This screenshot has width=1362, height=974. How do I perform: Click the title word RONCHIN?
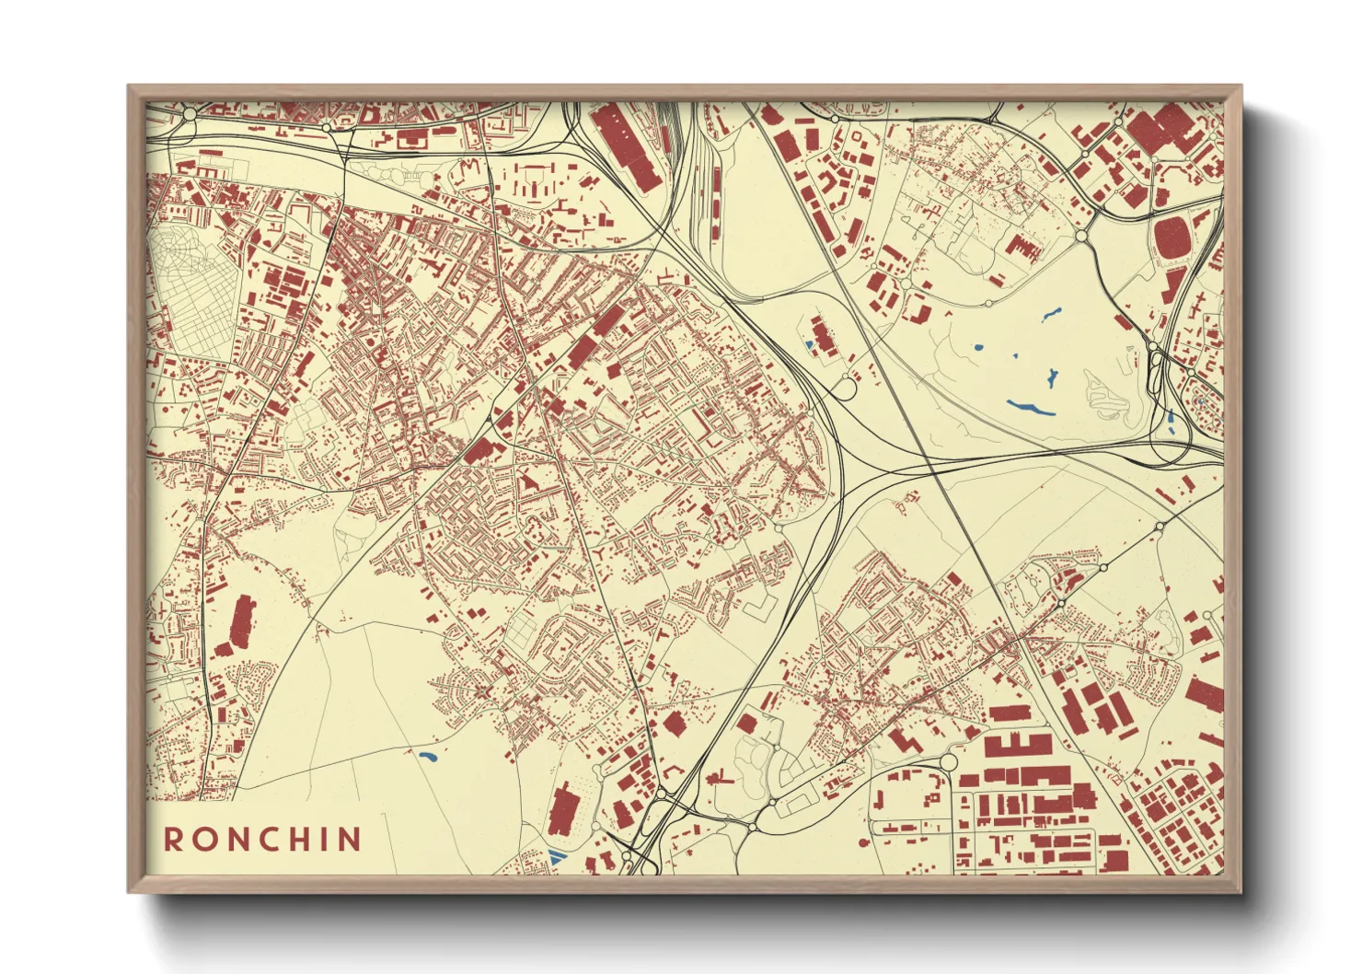[x=262, y=839]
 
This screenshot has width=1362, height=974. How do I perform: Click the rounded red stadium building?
[x=1172, y=238]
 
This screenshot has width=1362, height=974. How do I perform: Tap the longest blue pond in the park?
[x=1029, y=407]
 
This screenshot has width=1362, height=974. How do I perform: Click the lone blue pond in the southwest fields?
[x=427, y=757]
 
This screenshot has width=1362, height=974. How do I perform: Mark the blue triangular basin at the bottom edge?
[x=554, y=855]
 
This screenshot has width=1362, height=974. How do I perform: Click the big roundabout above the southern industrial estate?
[x=948, y=762]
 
